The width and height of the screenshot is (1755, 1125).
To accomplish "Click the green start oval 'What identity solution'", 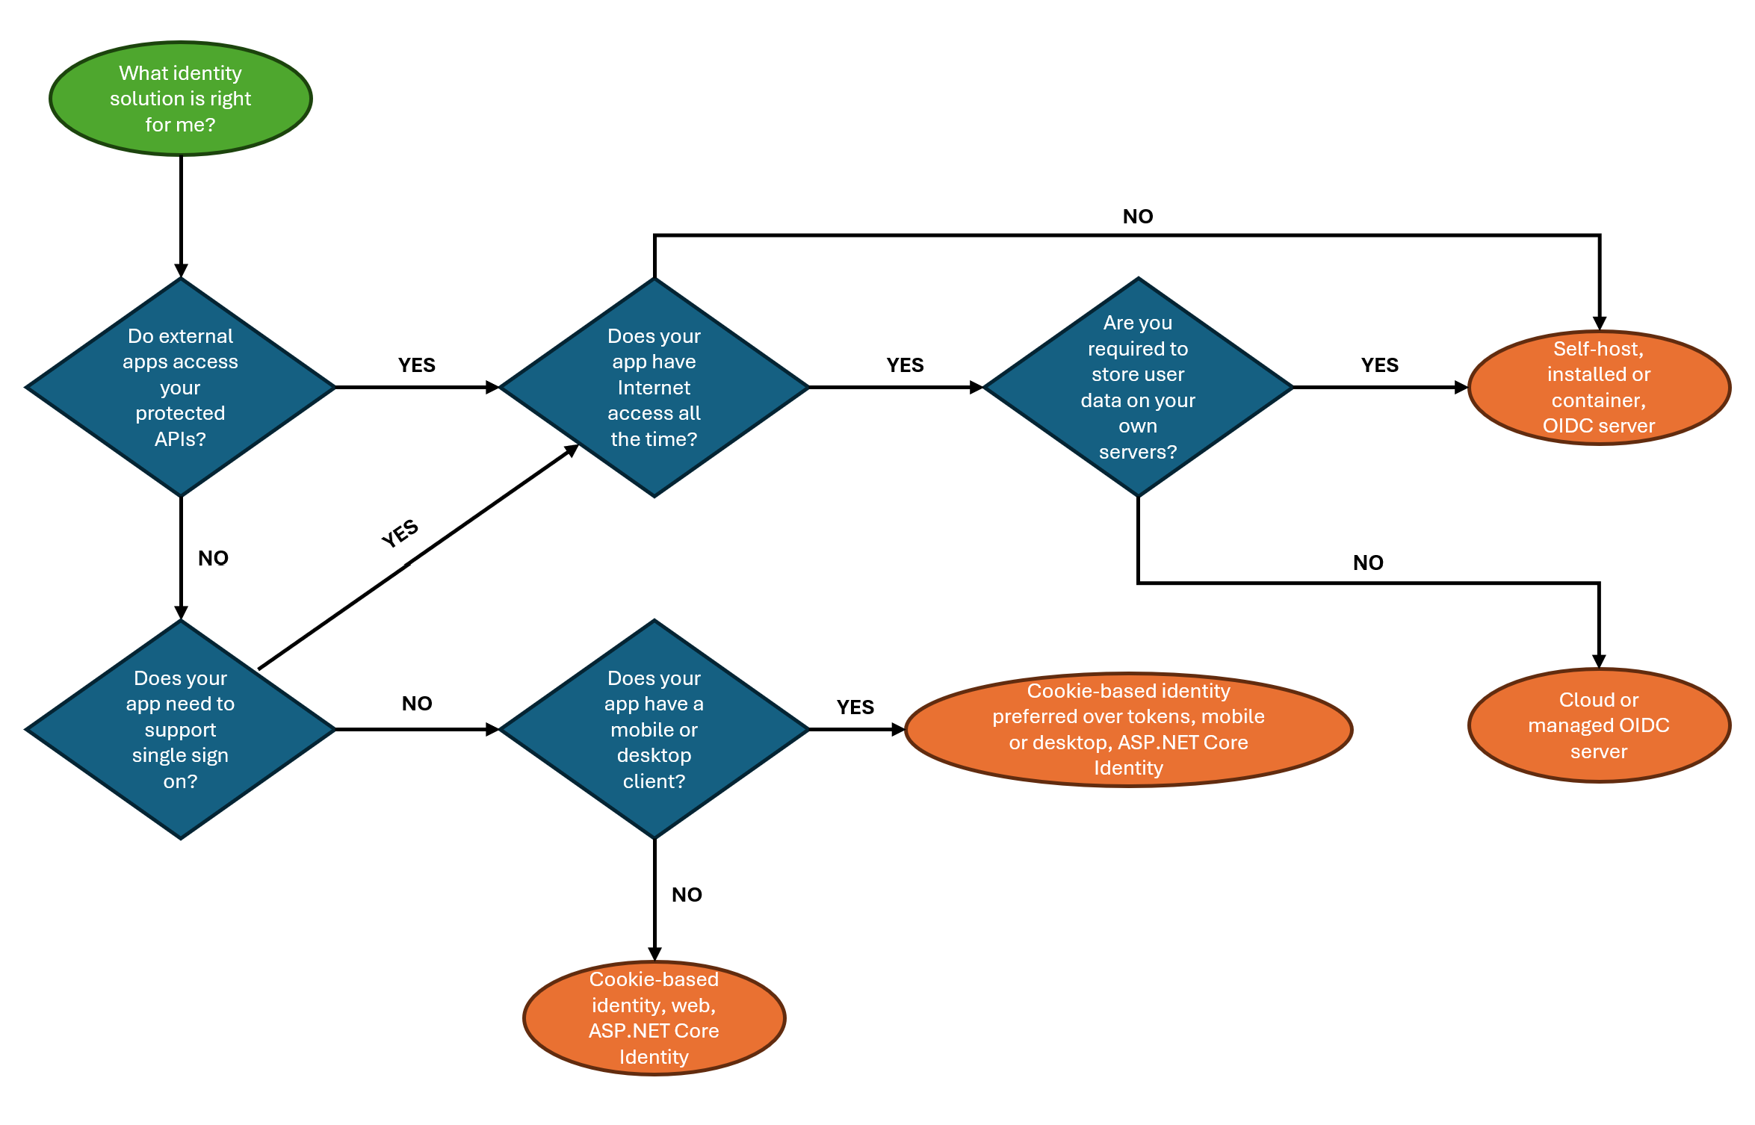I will (180, 99).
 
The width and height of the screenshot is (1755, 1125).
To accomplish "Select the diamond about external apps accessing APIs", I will (180, 387).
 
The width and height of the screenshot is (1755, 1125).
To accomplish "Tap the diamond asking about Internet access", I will (654, 387).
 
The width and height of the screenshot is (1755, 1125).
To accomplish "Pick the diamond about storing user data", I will (1137, 387).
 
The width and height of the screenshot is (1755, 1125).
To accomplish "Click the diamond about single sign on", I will (180, 729).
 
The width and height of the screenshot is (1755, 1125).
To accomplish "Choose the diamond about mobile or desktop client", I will (654, 729).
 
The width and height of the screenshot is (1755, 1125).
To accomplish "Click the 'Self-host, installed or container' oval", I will (1598, 387).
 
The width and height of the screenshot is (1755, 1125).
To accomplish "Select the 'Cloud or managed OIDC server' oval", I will (1598, 725).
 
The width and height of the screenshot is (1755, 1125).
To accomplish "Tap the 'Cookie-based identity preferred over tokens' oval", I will (1128, 729).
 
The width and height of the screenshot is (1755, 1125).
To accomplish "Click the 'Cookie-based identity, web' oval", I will (654, 1017).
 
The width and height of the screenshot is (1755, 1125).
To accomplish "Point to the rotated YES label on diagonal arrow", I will (400, 533).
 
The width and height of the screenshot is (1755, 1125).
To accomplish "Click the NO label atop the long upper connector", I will (1137, 217).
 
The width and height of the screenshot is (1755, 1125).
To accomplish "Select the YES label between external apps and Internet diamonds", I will (416, 365).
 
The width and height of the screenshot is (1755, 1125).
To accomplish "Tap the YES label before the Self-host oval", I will (1379, 365).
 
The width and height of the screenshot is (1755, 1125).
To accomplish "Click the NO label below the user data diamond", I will (1367, 563).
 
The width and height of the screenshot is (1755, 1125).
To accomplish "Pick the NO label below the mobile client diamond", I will (686, 895).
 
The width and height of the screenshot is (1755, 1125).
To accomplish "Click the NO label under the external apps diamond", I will (213, 558).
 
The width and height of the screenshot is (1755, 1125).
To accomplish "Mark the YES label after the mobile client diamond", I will (855, 707).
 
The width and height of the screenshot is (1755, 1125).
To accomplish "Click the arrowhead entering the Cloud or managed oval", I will (1598, 662).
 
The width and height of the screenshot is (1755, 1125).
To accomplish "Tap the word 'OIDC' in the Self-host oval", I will (1567, 426).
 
